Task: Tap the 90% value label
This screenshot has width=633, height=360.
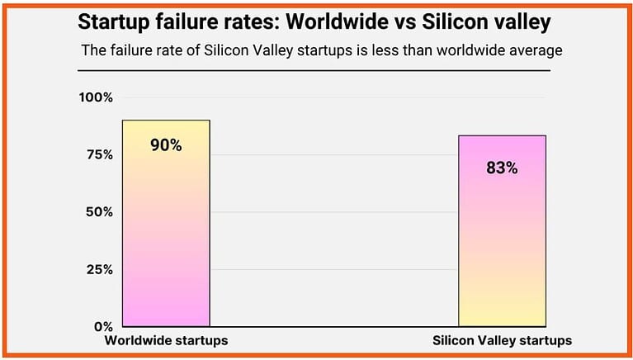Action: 166,145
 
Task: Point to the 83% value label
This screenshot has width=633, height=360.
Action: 502,168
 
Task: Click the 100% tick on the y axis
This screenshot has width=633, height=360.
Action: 96,97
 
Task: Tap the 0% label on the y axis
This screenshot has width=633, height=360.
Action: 102,326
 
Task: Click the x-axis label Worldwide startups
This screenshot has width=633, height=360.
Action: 166,341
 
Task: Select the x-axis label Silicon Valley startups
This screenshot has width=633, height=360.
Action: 502,341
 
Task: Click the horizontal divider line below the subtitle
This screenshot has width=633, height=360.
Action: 315,70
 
